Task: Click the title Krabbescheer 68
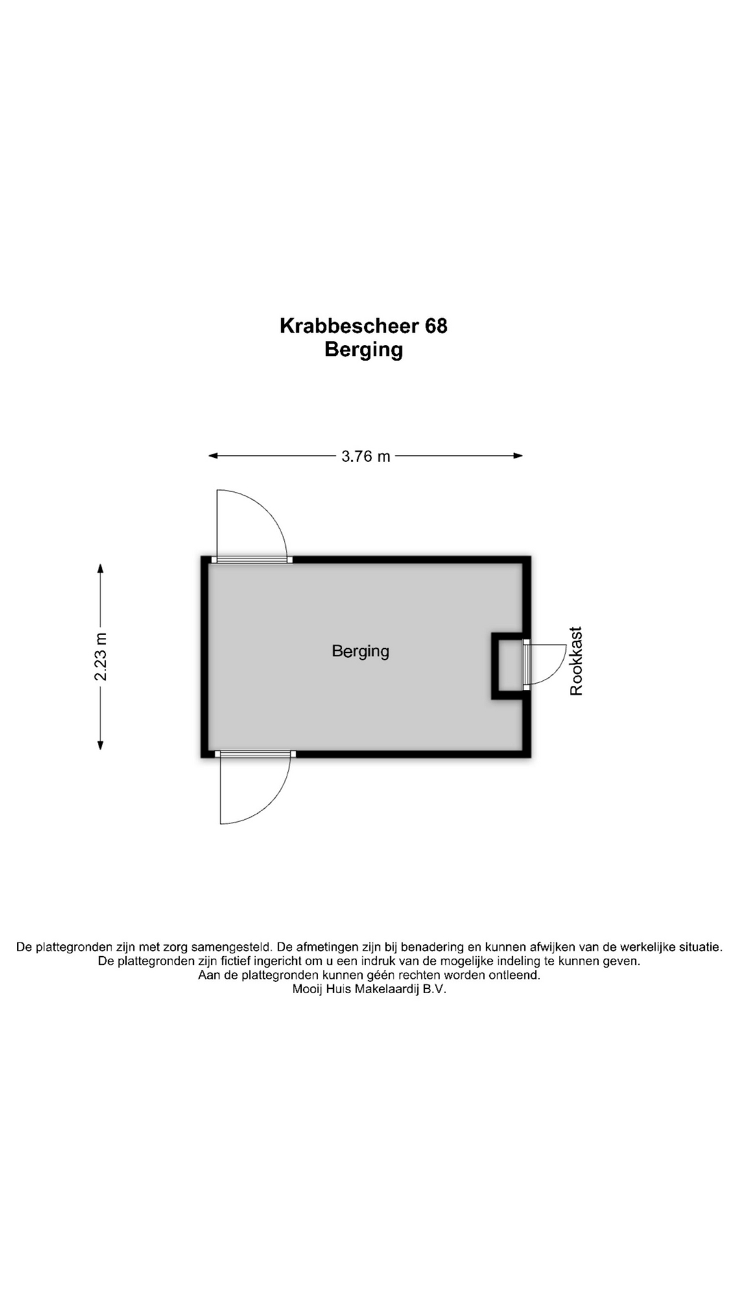click(x=363, y=326)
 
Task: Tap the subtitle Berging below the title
click(x=363, y=350)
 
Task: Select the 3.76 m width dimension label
click(x=365, y=456)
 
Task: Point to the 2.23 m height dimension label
click(x=101, y=656)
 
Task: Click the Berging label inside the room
click(x=361, y=651)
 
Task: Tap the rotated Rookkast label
click(x=576, y=661)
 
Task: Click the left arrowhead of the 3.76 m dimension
click(x=213, y=456)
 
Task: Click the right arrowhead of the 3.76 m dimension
click(x=519, y=456)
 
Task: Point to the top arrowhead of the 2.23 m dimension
click(x=101, y=568)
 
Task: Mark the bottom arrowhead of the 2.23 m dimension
click(x=101, y=745)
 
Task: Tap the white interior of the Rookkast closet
click(x=510, y=665)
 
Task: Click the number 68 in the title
click(x=436, y=326)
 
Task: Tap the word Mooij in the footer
click(x=307, y=989)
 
